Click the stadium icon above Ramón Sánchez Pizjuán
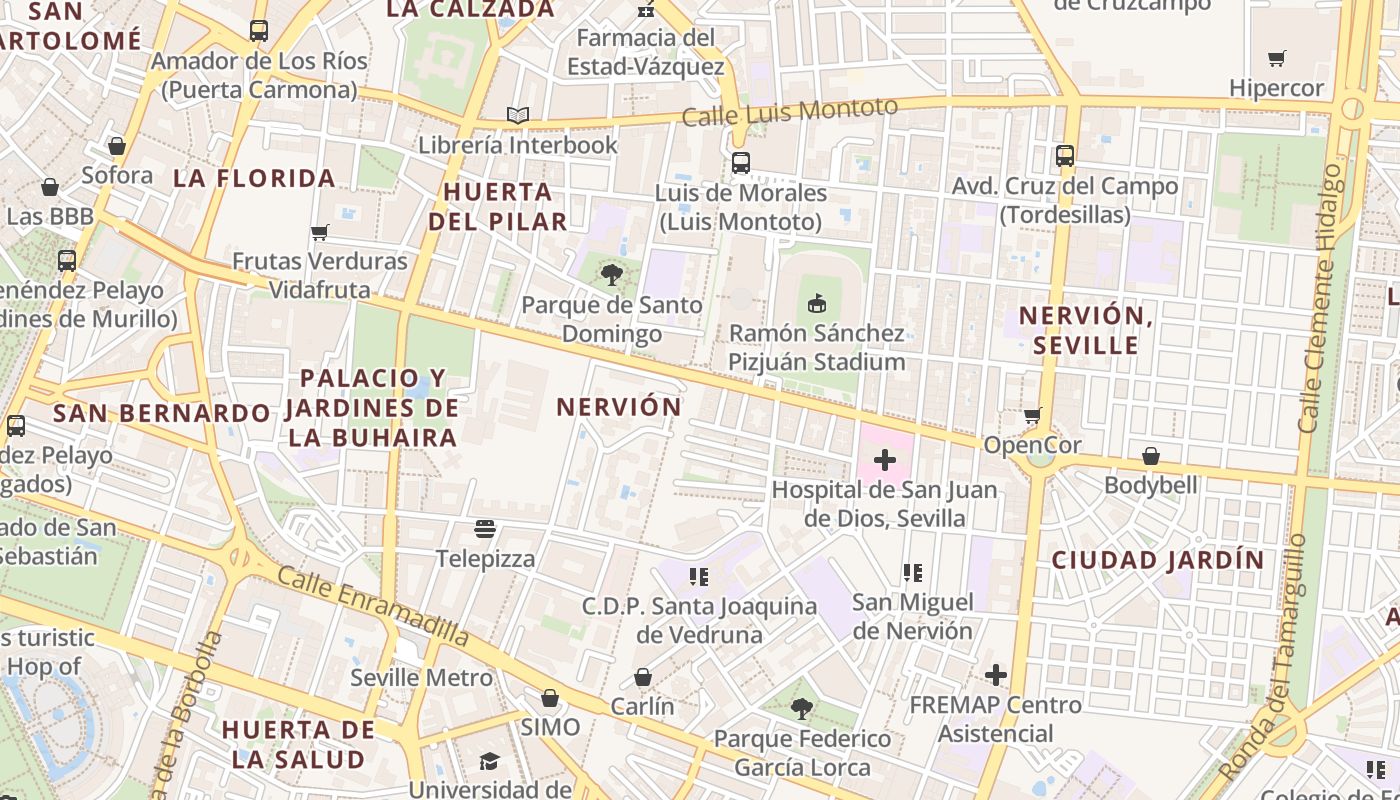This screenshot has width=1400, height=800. [x=817, y=303]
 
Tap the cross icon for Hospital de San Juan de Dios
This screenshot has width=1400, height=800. [x=885, y=460]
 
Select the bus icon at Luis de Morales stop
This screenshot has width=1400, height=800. [x=741, y=163]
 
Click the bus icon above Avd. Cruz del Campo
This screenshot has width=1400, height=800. [x=1065, y=156]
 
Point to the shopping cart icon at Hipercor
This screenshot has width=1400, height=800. [x=1276, y=58]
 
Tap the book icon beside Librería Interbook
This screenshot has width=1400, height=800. [x=517, y=116]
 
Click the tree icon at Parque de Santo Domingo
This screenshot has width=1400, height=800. [x=611, y=274]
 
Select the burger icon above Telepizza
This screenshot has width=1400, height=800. [x=486, y=529]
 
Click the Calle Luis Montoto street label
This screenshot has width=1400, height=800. [x=790, y=111]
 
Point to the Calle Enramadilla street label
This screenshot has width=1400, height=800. [x=373, y=606]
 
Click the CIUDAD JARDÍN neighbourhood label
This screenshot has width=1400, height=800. [x=1158, y=560]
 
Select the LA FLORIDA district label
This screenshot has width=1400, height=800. [x=254, y=179]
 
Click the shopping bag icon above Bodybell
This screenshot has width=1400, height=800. [x=1151, y=456]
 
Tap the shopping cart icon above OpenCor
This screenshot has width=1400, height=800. [x=1033, y=415]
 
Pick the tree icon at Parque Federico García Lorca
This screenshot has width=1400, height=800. [x=801, y=709]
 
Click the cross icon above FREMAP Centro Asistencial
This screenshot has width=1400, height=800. [x=995, y=675]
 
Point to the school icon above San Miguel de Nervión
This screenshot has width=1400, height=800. [x=912, y=572]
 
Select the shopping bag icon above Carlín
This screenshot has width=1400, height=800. [x=643, y=677]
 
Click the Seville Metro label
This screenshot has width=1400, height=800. [x=421, y=678]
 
